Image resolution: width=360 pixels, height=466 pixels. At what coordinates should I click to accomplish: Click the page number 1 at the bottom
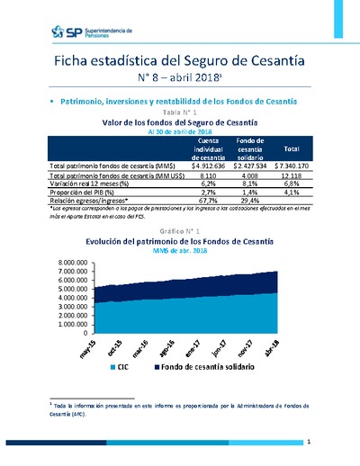click(x=308, y=443)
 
